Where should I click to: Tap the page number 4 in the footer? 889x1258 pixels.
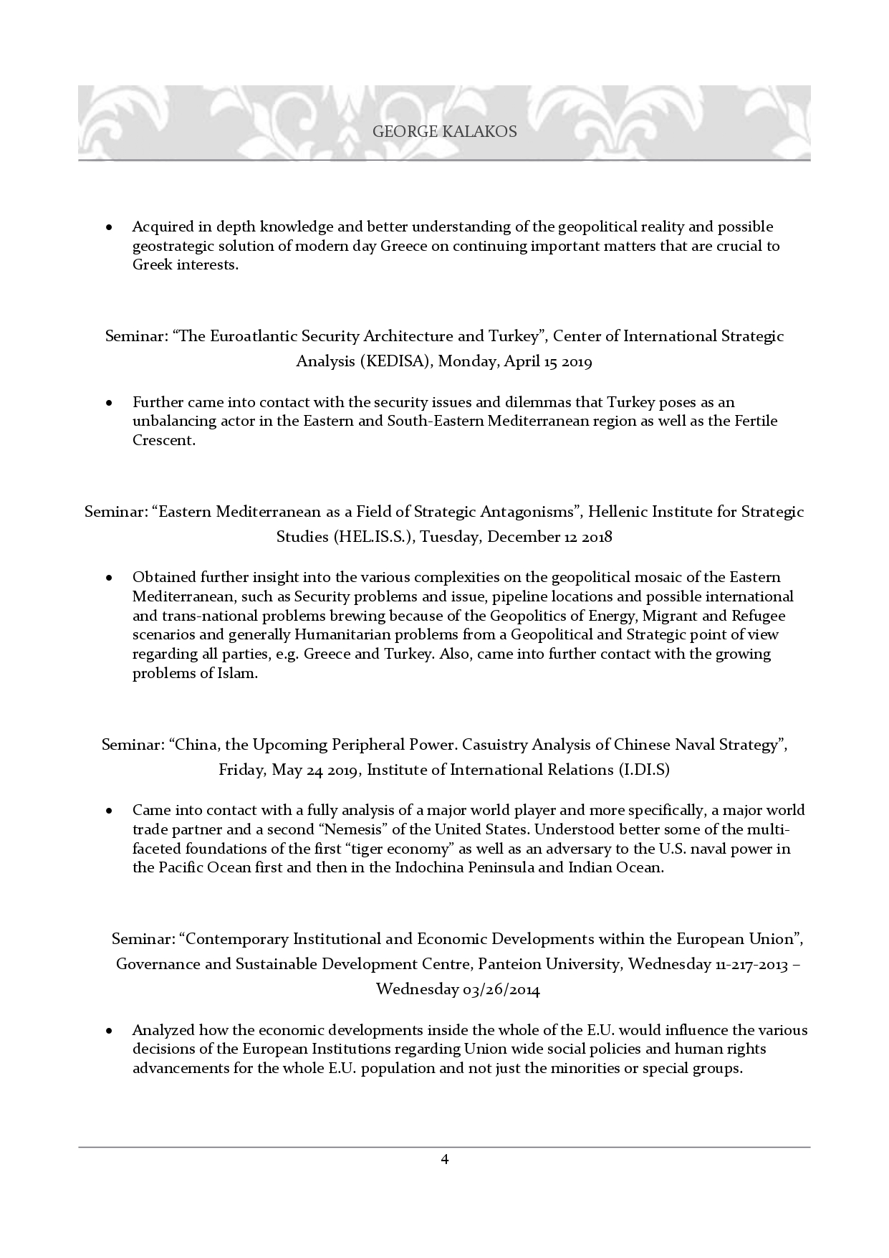(x=445, y=1159)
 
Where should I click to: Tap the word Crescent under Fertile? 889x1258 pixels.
(x=163, y=440)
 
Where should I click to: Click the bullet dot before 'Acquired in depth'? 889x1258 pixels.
(x=109, y=227)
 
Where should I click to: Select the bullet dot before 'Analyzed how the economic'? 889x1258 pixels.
(x=109, y=1031)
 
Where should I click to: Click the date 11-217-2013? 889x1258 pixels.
(x=751, y=964)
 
